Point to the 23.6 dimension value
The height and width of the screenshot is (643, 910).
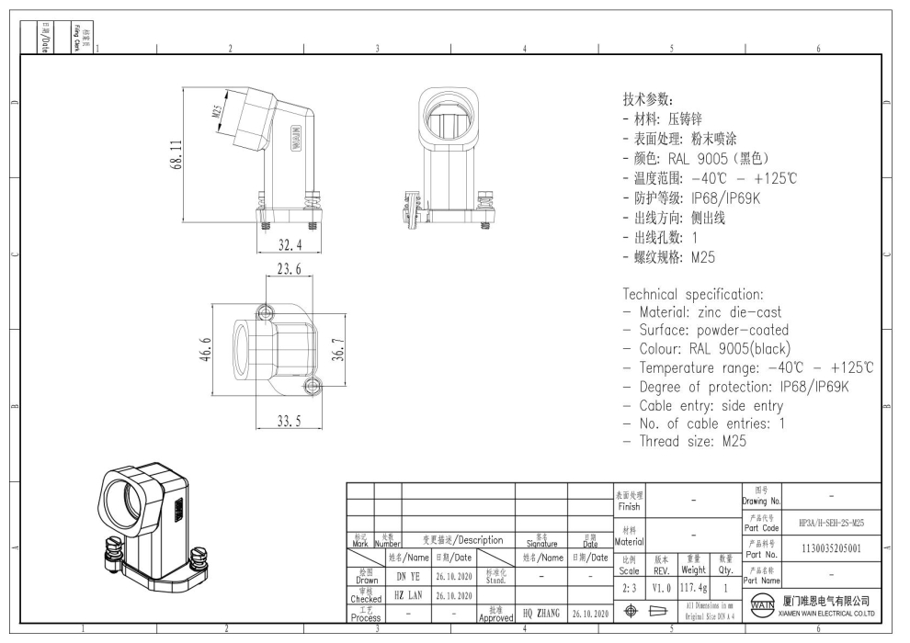(289, 269)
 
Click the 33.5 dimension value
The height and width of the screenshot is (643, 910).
(290, 422)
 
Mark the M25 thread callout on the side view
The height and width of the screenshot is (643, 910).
(217, 113)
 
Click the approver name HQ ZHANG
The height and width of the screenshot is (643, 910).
(540, 611)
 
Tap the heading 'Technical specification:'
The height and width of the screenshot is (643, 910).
(693, 295)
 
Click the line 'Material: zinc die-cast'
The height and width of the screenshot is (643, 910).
(701, 312)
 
